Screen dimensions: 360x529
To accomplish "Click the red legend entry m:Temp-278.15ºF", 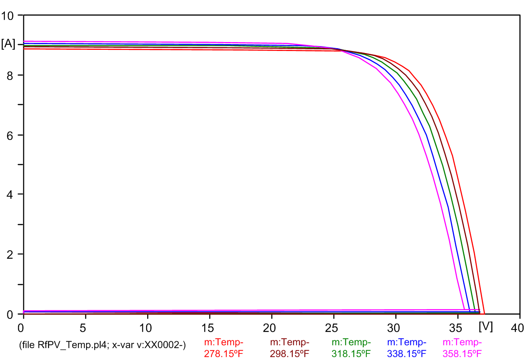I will click(x=224, y=347).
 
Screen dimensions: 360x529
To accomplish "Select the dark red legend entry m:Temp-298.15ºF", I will click(x=290, y=347).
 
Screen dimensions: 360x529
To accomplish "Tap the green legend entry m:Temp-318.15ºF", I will click(x=351, y=347).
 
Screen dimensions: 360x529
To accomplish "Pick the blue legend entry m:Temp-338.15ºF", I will click(x=406, y=347).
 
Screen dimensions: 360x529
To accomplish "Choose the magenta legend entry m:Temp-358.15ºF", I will click(x=462, y=347).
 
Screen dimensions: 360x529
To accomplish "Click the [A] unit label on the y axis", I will click(x=8, y=44).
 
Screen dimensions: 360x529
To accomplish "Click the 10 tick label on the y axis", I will click(x=8, y=16).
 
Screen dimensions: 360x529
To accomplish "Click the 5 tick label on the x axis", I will click(x=86, y=328).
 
